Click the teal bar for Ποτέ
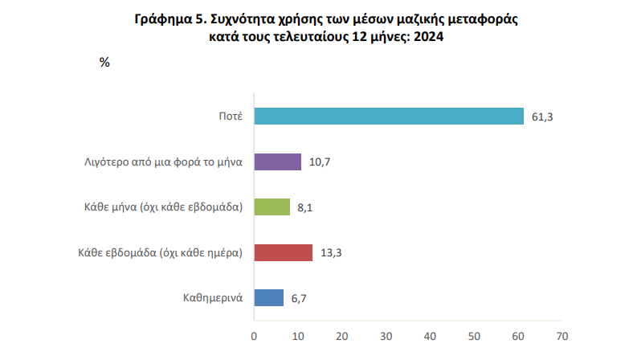389,117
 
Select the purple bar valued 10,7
278,162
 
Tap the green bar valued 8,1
272,207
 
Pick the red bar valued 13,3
284,252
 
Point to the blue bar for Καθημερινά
269,297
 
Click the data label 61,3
543,117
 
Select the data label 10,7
320,162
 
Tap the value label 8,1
304,207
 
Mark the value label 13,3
331,252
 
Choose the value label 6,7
299,298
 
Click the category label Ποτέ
231,117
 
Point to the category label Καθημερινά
213,298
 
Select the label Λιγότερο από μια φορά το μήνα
164,162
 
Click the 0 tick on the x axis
254,334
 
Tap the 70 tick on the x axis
562,334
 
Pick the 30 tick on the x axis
386,334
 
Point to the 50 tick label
474,334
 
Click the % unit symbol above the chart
104,62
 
